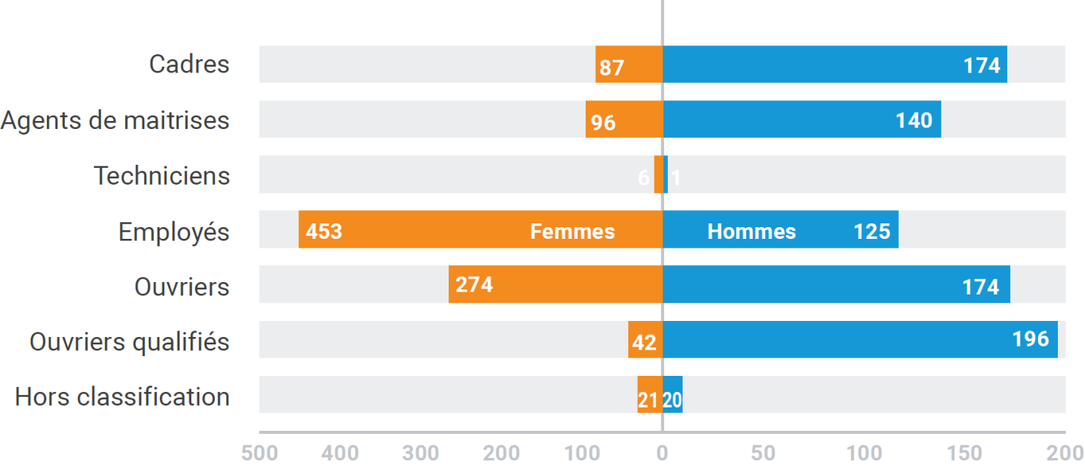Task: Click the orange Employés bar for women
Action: [440, 229]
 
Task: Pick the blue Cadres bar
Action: [806, 64]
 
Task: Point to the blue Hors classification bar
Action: [673, 395]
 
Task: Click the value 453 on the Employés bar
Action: [324, 232]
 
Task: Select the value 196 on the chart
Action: [1031, 339]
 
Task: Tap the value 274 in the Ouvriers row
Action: [474, 284]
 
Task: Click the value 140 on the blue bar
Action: [914, 121]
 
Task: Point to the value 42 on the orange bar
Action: [644, 342]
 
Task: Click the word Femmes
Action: [573, 232]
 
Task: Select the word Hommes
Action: [751, 232]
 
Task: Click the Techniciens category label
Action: [162, 176]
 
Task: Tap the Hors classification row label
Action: [122, 396]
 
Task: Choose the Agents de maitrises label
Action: [115, 120]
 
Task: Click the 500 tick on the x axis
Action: [260, 453]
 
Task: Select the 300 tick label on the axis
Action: [421, 453]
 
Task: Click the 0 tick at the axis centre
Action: [662, 453]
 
